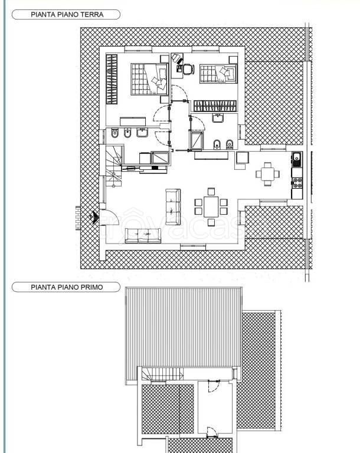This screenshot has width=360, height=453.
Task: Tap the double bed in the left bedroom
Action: [x=149, y=79]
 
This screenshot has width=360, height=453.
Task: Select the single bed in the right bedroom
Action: [x=218, y=74]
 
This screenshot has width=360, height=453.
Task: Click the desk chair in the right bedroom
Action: [x=187, y=69]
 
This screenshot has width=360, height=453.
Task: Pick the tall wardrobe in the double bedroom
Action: [x=112, y=79]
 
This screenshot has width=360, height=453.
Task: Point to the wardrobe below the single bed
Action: [x=215, y=106]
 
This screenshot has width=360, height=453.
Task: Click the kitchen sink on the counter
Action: [x=296, y=159]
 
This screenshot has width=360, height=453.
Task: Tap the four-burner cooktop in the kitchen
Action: [x=297, y=183]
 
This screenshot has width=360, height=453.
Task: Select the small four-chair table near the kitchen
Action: [x=267, y=174]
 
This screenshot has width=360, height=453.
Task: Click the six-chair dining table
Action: [x=211, y=206]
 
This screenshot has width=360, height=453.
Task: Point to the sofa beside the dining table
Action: [x=173, y=207]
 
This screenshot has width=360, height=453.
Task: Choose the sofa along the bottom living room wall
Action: [x=143, y=235]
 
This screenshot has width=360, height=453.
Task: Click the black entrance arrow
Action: [x=94, y=218]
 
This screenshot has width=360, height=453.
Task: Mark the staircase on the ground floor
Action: [x=113, y=166]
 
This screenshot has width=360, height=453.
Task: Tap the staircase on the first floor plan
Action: [x=162, y=374]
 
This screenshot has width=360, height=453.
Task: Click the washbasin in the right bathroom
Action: [x=217, y=118]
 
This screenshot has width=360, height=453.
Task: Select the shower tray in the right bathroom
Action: [x=197, y=140]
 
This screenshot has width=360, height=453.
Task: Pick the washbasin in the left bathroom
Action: [x=142, y=133]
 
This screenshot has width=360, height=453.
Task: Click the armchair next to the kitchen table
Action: [x=242, y=160]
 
